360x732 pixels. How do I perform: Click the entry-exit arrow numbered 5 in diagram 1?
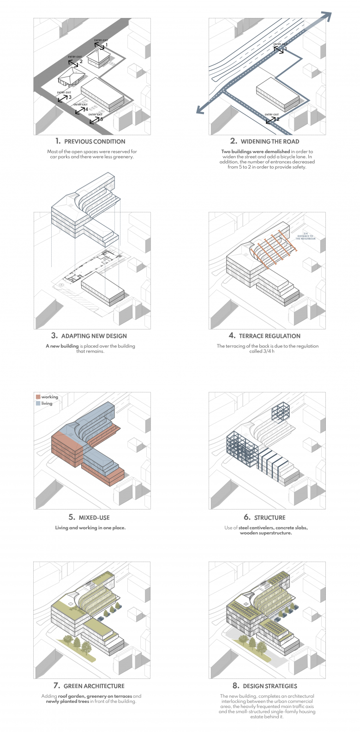[94, 120]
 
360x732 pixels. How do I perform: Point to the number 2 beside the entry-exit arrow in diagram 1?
[81, 61]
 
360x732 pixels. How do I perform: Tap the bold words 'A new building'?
[62, 346]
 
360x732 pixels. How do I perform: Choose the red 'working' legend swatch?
[38, 397]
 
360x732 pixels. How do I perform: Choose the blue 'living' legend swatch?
[38, 403]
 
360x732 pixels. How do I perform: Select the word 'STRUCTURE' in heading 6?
[270, 517]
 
